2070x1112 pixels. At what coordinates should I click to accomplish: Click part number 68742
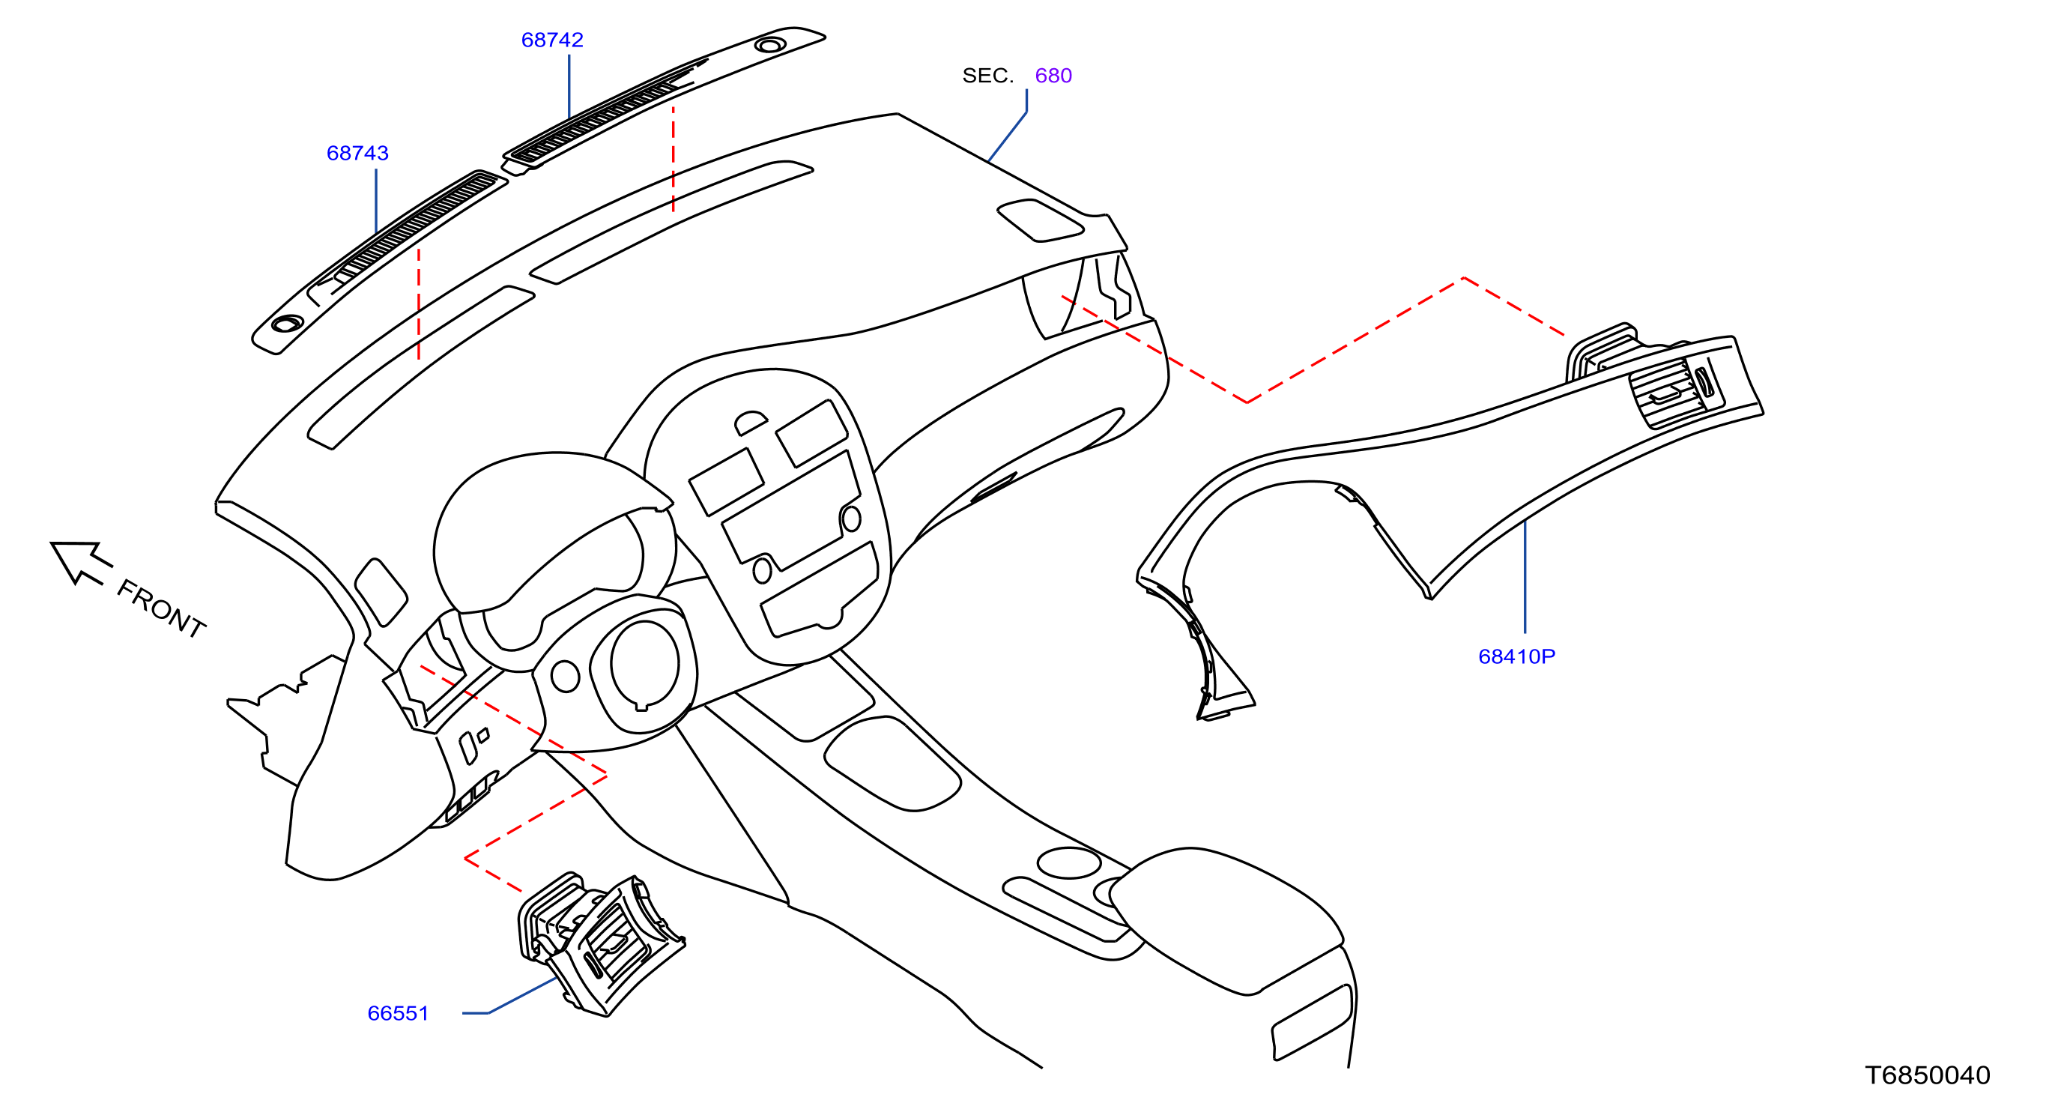(x=552, y=40)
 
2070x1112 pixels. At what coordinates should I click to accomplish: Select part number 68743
(x=357, y=153)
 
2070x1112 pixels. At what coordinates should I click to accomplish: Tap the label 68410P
(x=1516, y=656)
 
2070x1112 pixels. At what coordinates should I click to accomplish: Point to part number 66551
(x=398, y=1013)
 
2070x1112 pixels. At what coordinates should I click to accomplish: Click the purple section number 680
(x=1053, y=76)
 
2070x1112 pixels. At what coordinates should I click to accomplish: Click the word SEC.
(x=987, y=76)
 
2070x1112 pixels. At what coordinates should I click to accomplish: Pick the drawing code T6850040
(x=1927, y=1075)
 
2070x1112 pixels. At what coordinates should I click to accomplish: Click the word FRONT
(x=162, y=608)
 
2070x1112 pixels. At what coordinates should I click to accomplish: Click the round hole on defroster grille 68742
(x=770, y=45)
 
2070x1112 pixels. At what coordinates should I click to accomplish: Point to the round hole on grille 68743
(x=287, y=324)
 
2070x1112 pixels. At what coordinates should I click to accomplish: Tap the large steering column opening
(x=644, y=665)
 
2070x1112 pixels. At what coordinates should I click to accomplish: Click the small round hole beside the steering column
(x=565, y=677)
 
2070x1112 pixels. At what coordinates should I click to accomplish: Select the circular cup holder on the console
(x=1069, y=863)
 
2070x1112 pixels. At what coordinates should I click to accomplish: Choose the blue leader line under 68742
(x=569, y=87)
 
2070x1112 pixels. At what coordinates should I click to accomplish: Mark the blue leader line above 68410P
(x=1525, y=576)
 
